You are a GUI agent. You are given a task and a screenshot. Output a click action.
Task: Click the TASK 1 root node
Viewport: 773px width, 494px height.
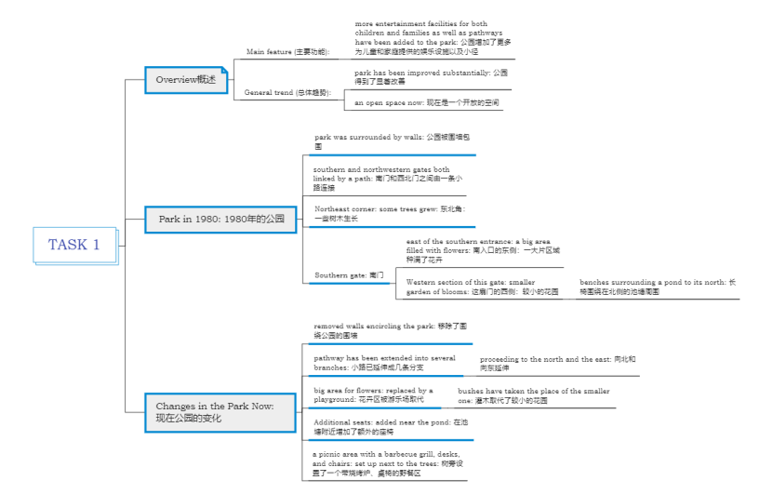pyautogui.click(x=74, y=245)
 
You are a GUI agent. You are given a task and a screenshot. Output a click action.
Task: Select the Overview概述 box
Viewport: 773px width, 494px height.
pyautogui.click(x=186, y=80)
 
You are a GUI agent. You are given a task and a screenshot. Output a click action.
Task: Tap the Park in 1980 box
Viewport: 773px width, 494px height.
pyautogui.click(x=220, y=220)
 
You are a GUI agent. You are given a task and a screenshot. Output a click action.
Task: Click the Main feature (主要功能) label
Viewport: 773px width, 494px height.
pyautogui.click(x=287, y=52)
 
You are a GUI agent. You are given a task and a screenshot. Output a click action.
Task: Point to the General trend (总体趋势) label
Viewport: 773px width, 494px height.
pyautogui.click(x=287, y=93)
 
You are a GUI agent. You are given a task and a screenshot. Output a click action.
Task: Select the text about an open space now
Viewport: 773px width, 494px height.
pyautogui.click(x=426, y=102)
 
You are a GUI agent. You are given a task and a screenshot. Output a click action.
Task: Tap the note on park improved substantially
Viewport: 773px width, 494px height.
pyautogui.click(x=431, y=76)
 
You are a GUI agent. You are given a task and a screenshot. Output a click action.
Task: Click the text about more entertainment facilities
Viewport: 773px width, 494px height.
pyautogui.click(x=433, y=37)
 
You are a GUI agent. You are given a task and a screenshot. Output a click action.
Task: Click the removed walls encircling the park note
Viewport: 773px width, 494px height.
pyautogui.click(x=390, y=330)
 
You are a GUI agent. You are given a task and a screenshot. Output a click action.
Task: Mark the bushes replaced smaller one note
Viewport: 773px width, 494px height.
pyautogui.click(x=534, y=395)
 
